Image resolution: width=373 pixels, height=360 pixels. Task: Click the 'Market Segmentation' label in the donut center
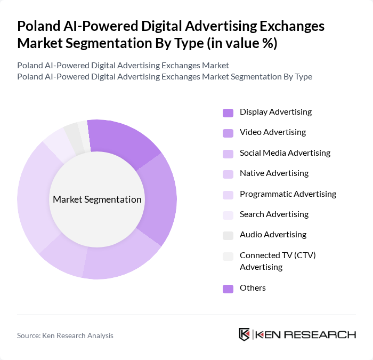(x=97, y=199)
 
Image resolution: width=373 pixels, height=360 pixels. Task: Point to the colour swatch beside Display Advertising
(x=228, y=113)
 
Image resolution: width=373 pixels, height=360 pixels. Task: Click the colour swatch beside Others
(x=228, y=289)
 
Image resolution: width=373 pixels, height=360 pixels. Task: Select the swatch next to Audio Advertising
(x=228, y=235)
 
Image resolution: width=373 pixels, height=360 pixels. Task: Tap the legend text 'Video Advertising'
(x=272, y=132)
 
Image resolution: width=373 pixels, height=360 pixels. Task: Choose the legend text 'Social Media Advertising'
(x=285, y=153)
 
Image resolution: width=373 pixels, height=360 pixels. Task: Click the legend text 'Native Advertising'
(x=274, y=173)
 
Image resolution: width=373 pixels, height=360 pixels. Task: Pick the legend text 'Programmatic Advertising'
(x=288, y=194)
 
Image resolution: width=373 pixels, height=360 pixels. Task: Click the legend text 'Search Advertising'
(x=274, y=214)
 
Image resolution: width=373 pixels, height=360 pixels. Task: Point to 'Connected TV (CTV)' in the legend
(x=278, y=255)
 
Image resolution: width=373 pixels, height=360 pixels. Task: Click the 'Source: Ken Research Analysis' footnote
(x=65, y=335)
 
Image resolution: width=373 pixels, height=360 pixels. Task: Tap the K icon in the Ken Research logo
(x=244, y=334)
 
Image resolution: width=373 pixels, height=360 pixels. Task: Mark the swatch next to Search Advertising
(x=228, y=215)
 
